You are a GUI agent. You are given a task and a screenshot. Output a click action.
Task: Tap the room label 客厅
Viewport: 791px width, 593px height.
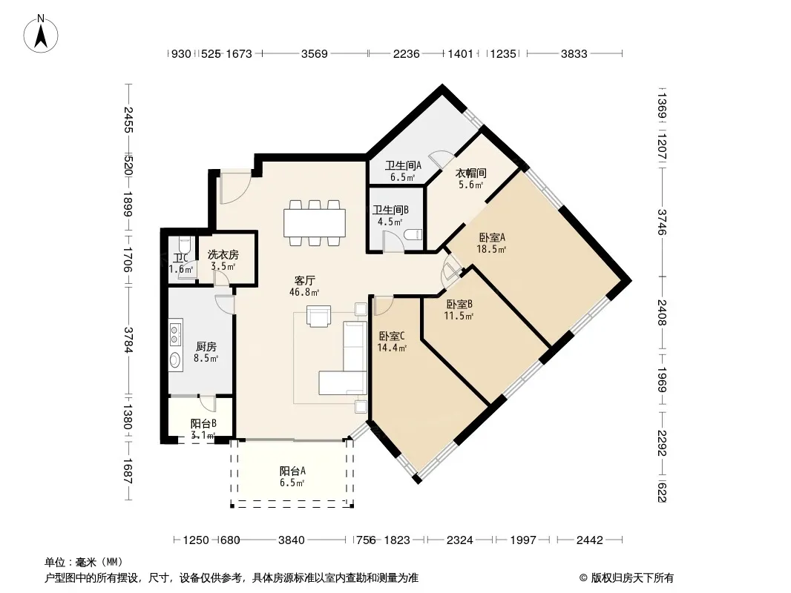coord(305,281)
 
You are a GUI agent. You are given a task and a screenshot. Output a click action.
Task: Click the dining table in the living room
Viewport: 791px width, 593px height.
coord(315,222)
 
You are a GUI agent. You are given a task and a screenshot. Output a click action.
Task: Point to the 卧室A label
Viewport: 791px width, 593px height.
coord(492,237)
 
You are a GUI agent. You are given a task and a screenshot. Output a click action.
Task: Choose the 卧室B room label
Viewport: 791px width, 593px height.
coord(459,305)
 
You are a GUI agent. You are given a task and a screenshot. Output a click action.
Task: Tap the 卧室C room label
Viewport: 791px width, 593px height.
coord(392,336)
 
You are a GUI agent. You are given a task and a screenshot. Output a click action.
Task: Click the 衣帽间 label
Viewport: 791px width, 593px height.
coord(470,173)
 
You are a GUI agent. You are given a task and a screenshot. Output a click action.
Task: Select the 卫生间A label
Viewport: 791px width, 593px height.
coord(403,165)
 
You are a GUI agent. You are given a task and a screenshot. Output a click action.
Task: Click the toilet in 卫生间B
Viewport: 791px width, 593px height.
coord(413,235)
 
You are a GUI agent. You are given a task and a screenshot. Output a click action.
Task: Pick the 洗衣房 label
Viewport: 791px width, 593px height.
coord(223,255)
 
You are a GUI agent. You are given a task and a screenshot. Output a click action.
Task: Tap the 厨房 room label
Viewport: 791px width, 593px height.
coord(206,347)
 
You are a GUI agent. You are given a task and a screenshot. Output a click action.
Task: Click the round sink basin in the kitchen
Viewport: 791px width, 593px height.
coord(175,360)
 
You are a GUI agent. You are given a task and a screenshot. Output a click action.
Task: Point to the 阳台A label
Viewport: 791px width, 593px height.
coord(292,471)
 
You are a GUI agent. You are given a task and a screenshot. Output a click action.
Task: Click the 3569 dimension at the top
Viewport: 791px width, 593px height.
coord(315,54)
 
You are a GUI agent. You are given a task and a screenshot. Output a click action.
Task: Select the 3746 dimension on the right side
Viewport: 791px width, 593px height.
coord(662,222)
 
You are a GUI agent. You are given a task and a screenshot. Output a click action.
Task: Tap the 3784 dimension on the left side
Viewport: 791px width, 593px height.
coord(128,340)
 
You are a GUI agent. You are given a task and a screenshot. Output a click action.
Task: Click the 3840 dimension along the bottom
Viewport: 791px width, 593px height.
coord(292,540)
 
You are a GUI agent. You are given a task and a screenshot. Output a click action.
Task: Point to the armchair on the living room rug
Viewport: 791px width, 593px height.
coord(319,317)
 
